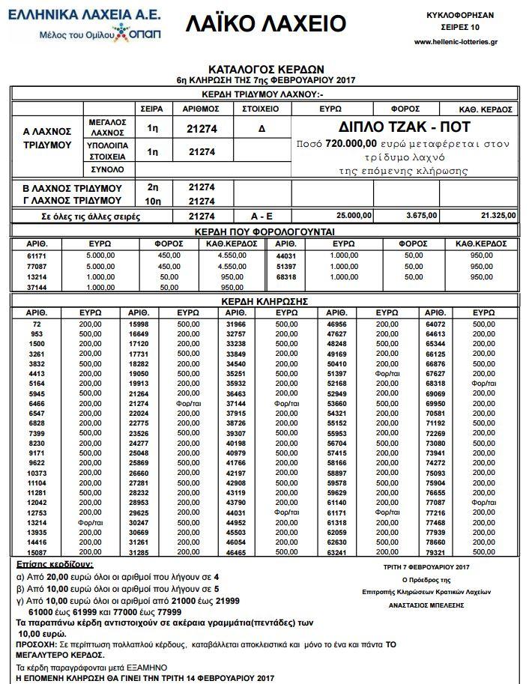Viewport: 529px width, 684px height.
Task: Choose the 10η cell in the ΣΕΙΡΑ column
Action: [153, 201]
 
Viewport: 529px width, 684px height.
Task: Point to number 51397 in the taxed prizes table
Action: [288, 266]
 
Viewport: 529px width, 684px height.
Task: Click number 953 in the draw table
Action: [36, 333]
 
